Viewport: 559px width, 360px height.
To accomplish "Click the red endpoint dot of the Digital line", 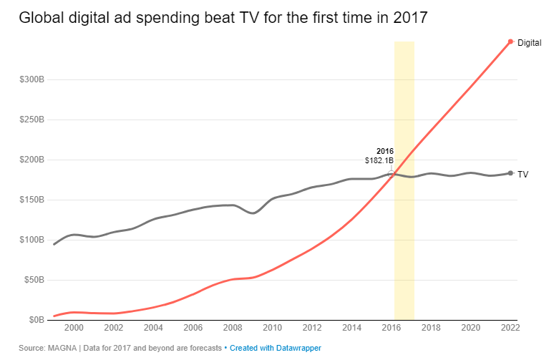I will [510, 42].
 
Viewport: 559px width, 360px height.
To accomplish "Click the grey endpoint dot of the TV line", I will [510, 173].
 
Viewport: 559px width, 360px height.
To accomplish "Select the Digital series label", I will [529, 43].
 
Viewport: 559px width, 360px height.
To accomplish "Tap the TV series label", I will [523, 174].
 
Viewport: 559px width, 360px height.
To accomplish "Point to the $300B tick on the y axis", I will [33, 79].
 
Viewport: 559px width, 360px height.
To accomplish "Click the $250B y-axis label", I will [33, 120].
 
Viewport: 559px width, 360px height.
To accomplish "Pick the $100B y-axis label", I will [33, 240].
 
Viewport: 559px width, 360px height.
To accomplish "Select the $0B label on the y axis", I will [35, 320].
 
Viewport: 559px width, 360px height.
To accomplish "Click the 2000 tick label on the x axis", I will [74, 328].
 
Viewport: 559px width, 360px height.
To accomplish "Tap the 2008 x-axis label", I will [233, 328].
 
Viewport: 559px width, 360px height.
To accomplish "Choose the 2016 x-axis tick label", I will [391, 328].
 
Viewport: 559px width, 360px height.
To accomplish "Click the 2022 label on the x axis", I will [510, 328].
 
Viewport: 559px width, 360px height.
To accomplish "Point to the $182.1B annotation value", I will [379, 161].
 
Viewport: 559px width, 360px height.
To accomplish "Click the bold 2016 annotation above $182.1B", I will [385, 151].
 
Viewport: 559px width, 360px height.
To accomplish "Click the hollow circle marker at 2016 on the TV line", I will [391, 173].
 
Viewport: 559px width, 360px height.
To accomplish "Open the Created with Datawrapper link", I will [276, 348].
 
